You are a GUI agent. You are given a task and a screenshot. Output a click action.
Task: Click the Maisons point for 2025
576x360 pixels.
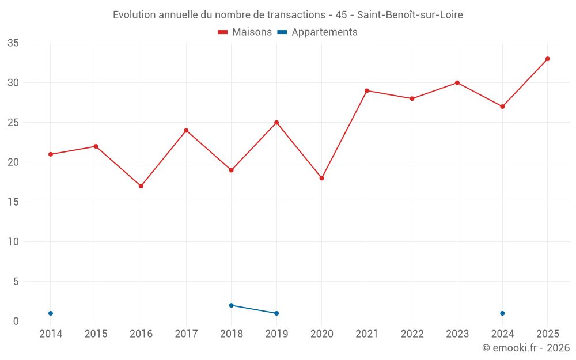click(547, 59)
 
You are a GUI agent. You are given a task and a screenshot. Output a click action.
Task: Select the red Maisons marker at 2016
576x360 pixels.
click(141, 186)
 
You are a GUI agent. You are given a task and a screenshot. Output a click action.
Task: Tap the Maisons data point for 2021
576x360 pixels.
click(366, 91)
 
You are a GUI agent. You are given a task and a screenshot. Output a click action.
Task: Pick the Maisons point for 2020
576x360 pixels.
click(321, 178)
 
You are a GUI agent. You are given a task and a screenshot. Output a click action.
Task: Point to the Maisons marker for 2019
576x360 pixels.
click(276, 122)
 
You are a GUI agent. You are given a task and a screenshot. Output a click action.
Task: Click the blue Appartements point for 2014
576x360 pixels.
click(51, 313)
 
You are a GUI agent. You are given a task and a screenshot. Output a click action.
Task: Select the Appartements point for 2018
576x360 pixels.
click(231, 305)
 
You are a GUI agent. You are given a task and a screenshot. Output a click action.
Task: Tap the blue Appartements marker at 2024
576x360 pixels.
click(502, 313)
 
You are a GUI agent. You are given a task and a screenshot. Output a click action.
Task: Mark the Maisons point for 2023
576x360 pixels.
click(457, 82)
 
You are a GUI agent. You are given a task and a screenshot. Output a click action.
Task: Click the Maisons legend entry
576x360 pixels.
click(245, 32)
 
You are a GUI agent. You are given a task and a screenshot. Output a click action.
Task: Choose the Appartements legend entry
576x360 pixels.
click(317, 32)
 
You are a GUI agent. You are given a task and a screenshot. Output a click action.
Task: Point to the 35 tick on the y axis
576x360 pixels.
click(13, 43)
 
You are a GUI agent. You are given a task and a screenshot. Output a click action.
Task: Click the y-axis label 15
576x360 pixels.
click(13, 202)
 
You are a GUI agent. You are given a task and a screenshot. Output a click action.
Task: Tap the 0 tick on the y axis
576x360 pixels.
click(16, 321)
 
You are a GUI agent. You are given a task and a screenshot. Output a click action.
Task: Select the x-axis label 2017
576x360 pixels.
click(186, 334)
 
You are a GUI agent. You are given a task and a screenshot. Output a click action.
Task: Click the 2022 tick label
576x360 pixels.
click(412, 334)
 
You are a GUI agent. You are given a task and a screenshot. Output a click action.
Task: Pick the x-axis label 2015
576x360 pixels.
click(96, 334)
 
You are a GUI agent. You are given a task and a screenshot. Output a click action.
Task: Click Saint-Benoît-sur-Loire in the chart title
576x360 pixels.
click(410, 15)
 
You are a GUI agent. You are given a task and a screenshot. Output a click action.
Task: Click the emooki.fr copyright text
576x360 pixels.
click(526, 347)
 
